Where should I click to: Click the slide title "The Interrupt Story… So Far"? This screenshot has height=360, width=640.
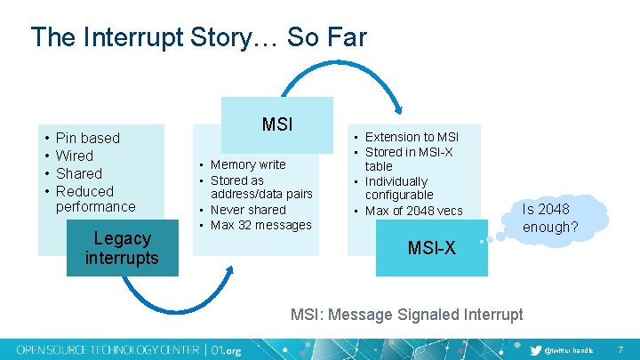pyautogui.click(x=197, y=37)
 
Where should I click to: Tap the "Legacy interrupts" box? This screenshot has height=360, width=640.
pyautogui.click(x=122, y=248)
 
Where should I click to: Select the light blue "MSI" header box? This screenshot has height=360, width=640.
pyautogui.click(x=277, y=124)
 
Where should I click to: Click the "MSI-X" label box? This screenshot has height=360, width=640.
pyautogui.click(x=431, y=248)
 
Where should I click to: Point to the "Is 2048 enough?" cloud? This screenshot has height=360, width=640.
pyautogui.click(x=550, y=219)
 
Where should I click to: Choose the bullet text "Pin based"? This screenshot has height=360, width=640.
pyautogui.click(x=87, y=138)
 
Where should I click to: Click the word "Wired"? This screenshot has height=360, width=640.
pyautogui.click(x=74, y=156)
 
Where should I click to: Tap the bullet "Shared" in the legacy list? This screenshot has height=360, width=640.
pyautogui.click(x=78, y=173)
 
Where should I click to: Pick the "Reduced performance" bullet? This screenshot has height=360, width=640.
pyautogui.click(x=95, y=198)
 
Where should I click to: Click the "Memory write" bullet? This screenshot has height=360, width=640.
pyautogui.click(x=248, y=164)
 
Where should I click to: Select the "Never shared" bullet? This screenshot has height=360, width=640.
pyautogui.click(x=248, y=210)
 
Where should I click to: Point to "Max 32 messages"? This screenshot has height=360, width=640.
pyautogui.click(x=260, y=225)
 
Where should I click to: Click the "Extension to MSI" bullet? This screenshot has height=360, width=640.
pyautogui.click(x=412, y=137)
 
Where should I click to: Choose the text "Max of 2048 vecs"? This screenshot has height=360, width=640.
pyautogui.click(x=413, y=211)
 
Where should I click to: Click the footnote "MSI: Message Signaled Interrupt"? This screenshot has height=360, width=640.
pyautogui.click(x=407, y=314)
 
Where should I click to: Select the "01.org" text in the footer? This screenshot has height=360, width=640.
pyautogui.click(x=223, y=348)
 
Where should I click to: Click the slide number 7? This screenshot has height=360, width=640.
pyautogui.click(x=620, y=349)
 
